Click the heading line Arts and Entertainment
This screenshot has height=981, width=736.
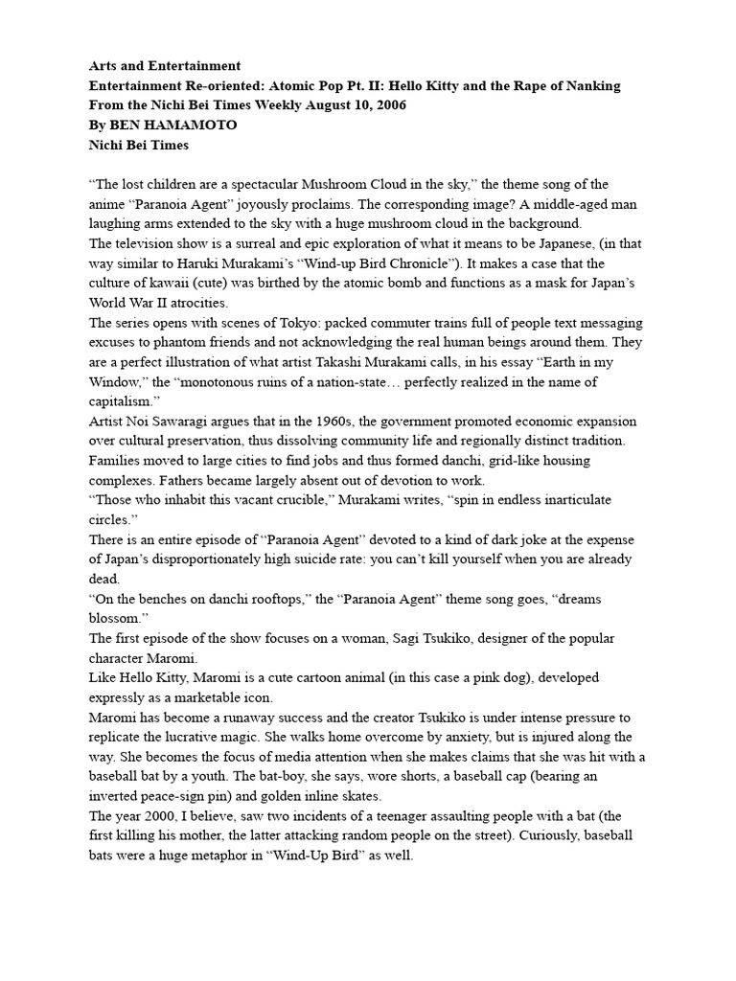click(164, 66)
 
